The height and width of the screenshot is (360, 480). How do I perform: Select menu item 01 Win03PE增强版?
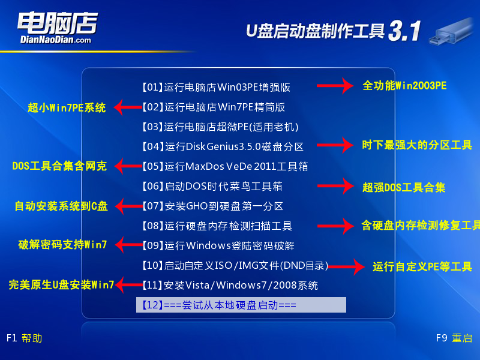pyautogui.click(x=216, y=87)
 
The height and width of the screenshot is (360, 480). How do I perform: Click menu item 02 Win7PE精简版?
pyautogui.click(x=213, y=107)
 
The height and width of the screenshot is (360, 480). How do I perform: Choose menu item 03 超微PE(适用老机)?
pyautogui.click(x=220, y=127)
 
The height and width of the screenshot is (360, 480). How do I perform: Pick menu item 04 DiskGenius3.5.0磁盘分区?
pyautogui.click(x=223, y=146)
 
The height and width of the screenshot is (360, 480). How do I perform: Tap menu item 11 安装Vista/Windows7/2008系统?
pyautogui.click(x=230, y=285)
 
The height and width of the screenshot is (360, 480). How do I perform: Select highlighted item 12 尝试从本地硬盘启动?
pyautogui.click(x=241, y=305)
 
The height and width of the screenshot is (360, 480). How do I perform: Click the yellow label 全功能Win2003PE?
pyautogui.click(x=404, y=86)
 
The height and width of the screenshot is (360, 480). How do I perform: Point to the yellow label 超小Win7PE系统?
pyautogui.click(x=67, y=108)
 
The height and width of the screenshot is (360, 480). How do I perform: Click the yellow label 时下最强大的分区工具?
pyautogui.click(x=417, y=145)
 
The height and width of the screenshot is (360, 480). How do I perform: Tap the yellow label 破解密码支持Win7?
pyautogui.click(x=62, y=244)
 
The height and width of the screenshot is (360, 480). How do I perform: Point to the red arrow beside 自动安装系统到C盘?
pyautogui.click(x=127, y=206)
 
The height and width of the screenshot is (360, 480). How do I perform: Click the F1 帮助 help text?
pyautogui.click(x=24, y=338)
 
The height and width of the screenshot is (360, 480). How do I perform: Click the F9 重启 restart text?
pyautogui.click(x=454, y=338)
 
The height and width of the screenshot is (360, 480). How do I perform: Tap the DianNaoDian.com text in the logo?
pyautogui.click(x=55, y=40)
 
